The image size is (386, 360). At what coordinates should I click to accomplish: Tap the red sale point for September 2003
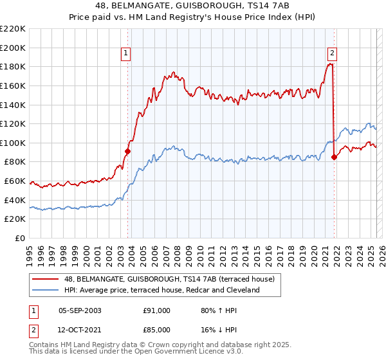(127, 152)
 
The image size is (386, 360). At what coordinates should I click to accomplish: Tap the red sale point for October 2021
(334, 157)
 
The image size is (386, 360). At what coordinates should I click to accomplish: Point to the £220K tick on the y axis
(13, 29)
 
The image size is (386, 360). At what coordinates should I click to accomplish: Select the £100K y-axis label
(13, 143)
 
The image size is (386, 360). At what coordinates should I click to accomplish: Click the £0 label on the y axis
(19, 239)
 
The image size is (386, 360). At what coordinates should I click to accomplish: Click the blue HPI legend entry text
(161, 291)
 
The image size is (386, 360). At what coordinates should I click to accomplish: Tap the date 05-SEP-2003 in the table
(80, 310)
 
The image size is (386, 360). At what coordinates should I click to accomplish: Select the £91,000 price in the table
(156, 310)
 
